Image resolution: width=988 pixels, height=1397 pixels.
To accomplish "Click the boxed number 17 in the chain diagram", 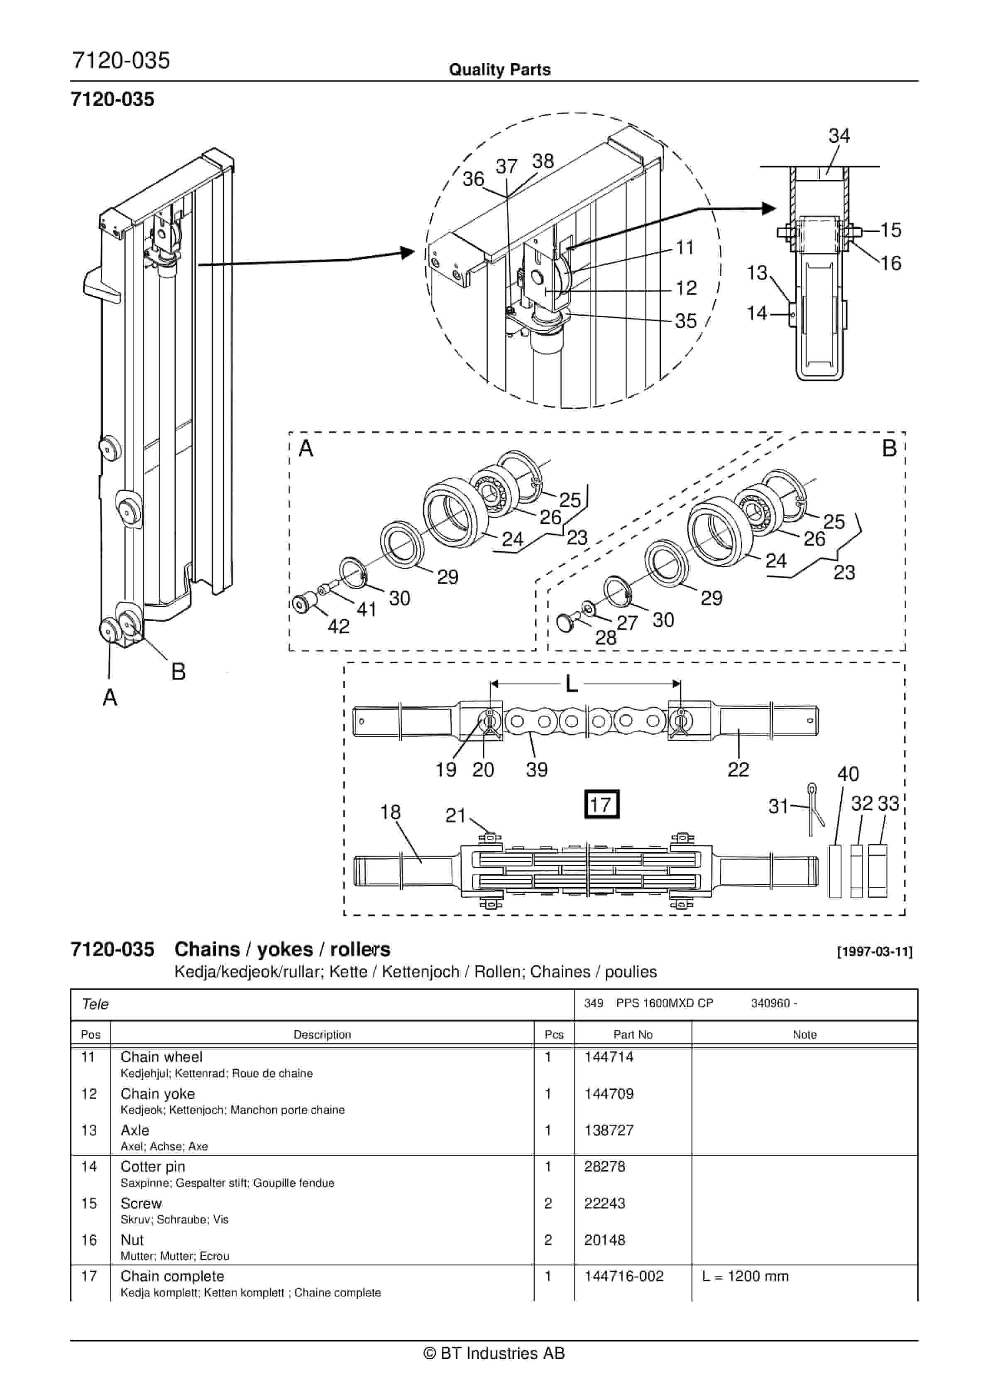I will [601, 804].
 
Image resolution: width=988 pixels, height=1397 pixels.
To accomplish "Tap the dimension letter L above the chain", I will [571, 684].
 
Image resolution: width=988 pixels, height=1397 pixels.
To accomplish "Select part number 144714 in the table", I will [609, 1057].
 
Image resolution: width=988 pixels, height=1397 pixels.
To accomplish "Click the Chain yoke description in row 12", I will [158, 1093].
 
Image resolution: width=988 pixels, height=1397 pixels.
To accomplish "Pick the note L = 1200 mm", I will [745, 1276].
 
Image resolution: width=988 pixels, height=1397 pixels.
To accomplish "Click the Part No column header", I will [633, 1034].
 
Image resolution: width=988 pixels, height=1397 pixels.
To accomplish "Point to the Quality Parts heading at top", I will [499, 70].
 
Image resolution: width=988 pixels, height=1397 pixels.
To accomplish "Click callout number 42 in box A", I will [338, 626].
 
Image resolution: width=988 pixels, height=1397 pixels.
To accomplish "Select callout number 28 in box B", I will [605, 637].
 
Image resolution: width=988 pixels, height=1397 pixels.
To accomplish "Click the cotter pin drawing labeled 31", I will [815, 810].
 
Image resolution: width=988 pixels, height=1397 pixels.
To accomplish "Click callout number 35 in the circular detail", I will [686, 321].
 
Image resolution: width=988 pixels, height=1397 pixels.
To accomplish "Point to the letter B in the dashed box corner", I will [889, 449].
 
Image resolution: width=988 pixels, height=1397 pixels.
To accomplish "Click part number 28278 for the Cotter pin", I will [604, 1167].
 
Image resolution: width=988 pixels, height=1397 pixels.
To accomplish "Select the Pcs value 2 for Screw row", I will [548, 1203].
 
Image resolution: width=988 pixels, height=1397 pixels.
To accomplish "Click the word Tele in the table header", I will [95, 1004].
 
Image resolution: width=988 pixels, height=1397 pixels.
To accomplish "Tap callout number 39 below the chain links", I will [537, 770].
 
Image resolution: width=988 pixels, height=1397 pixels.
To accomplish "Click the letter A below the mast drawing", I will [110, 697].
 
